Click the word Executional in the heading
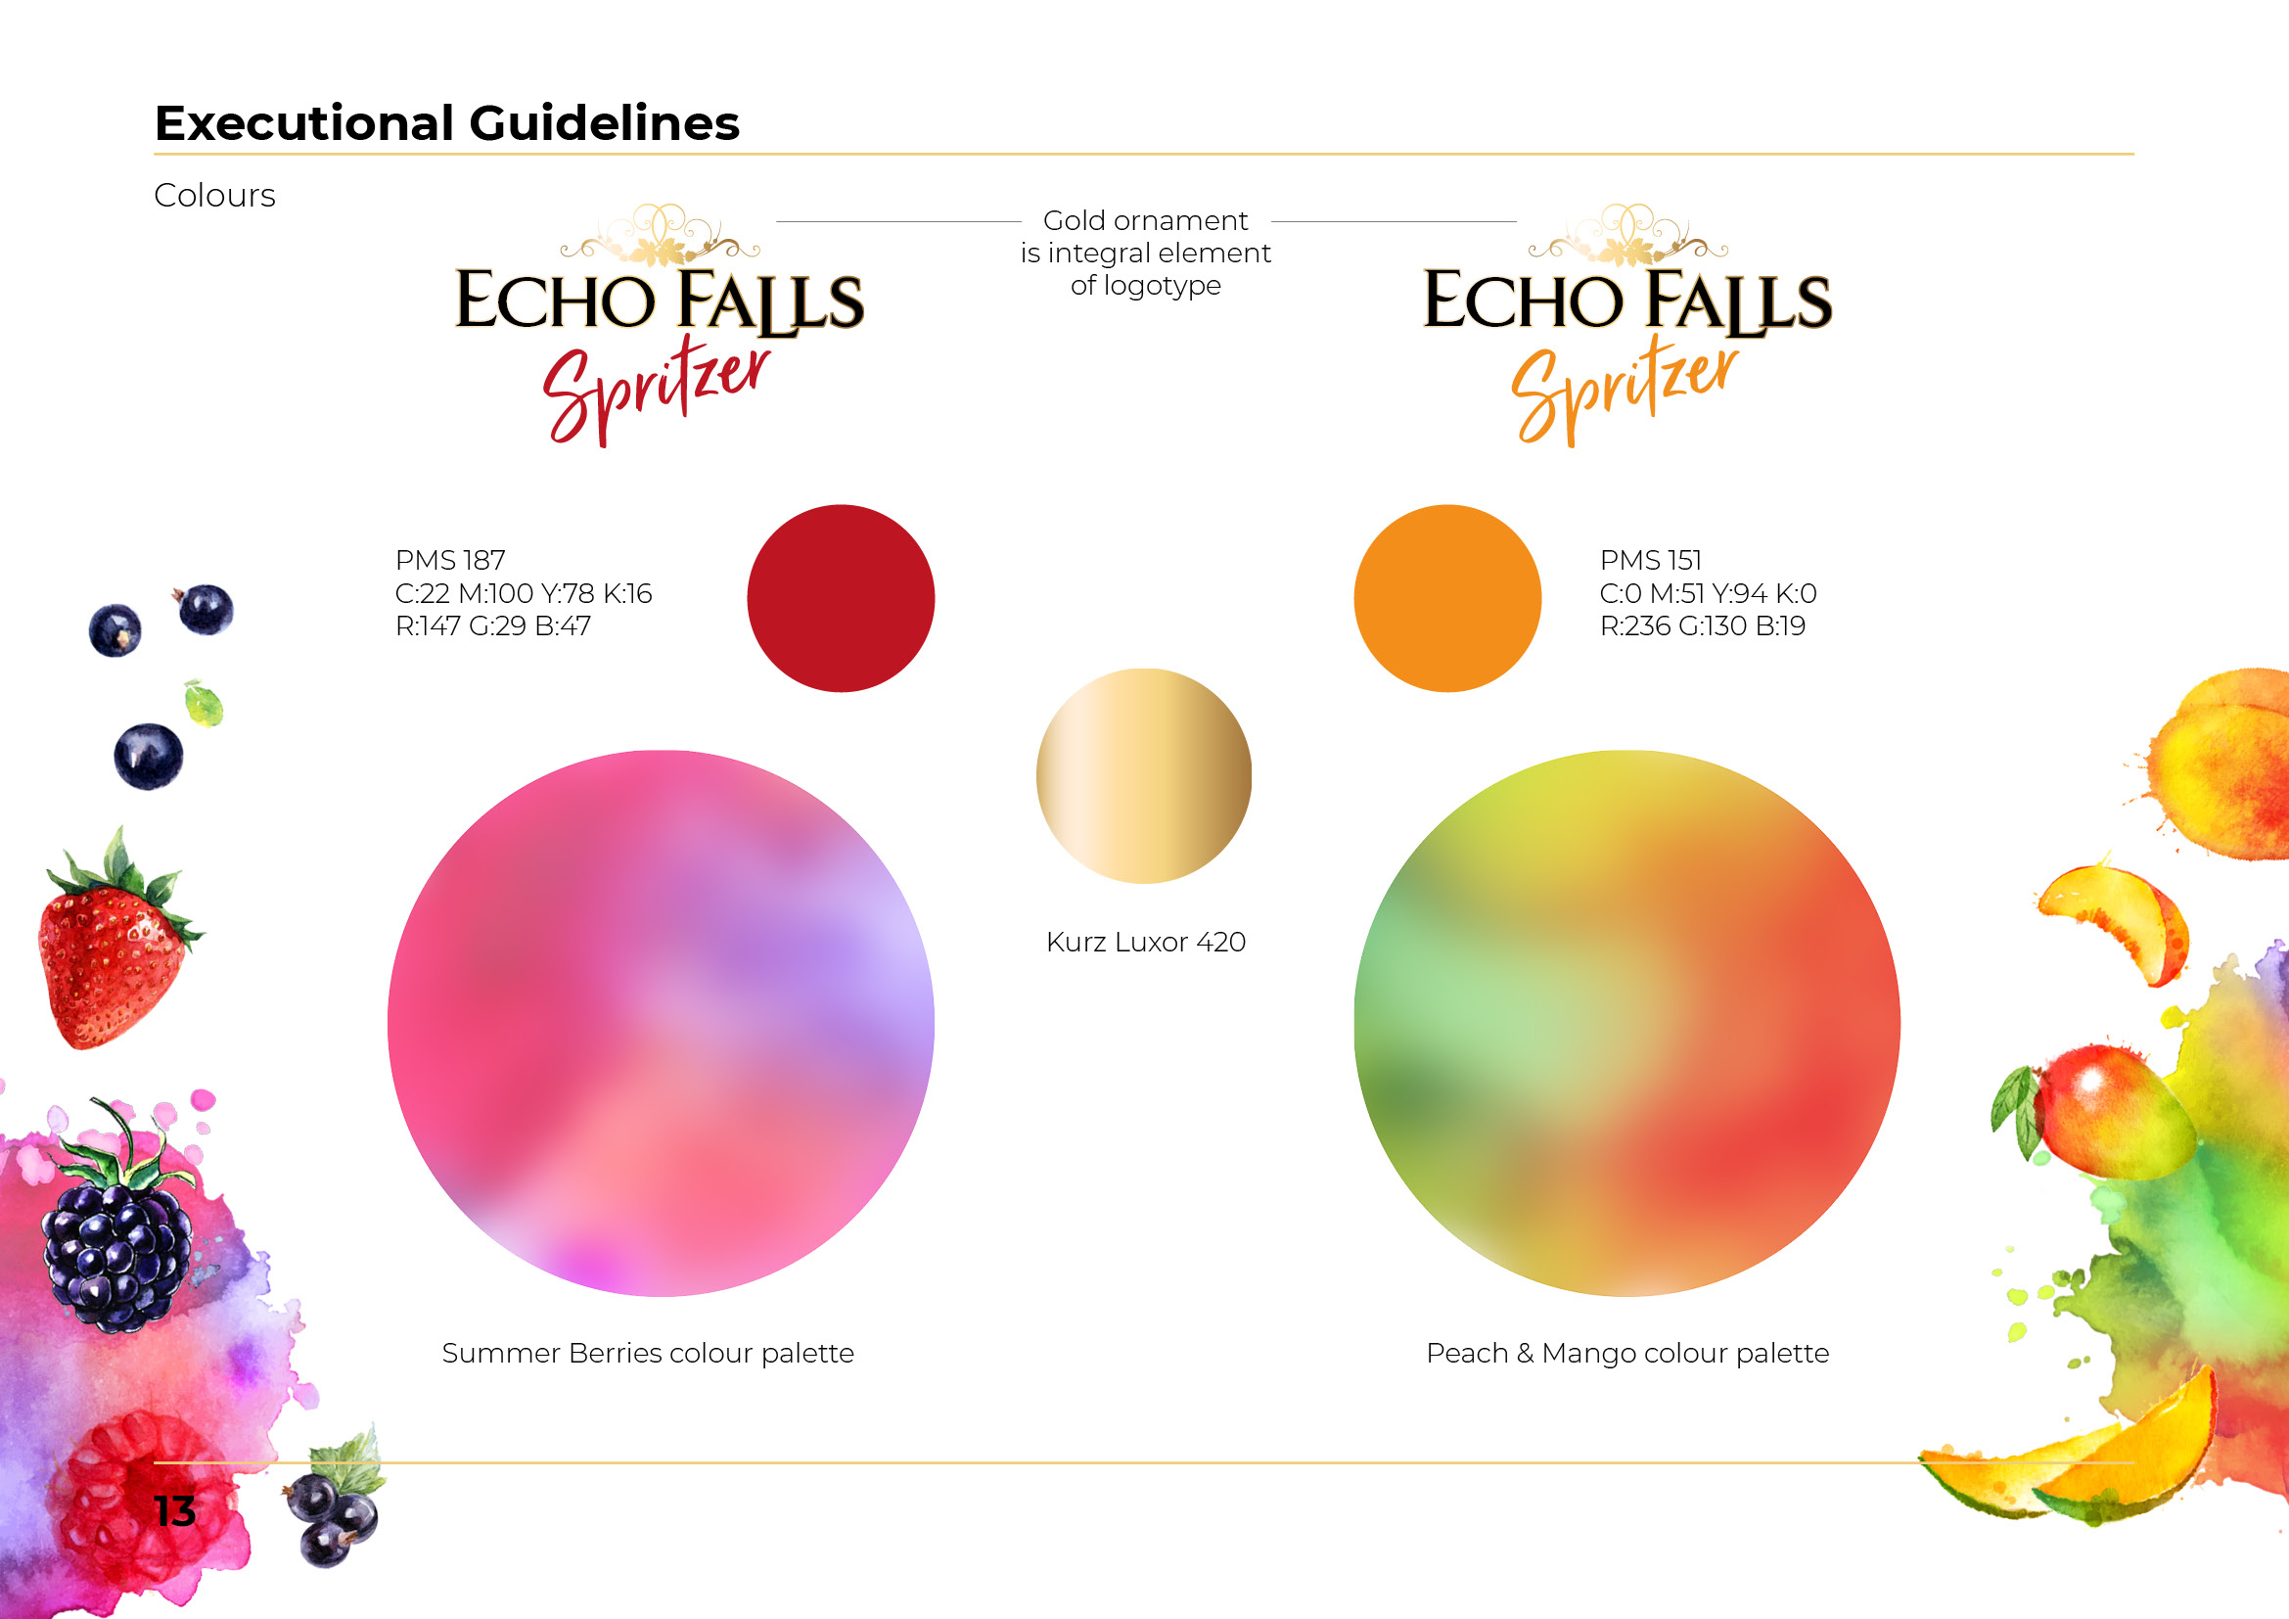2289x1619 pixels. click(303, 123)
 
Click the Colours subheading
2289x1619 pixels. click(214, 196)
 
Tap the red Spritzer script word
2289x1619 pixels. click(656, 392)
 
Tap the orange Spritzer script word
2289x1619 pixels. click(1625, 392)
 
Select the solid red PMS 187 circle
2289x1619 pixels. click(841, 598)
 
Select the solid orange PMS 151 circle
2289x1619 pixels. click(1447, 598)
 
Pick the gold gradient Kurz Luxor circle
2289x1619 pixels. click(1145, 775)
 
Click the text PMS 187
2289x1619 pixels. click(450, 560)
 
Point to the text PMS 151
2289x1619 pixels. click(1651, 560)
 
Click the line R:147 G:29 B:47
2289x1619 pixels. click(493, 626)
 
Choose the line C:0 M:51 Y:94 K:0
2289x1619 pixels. click(1709, 593)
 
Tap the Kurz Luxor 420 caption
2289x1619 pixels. click(1146, 942)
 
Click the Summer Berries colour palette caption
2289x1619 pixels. click(648, 1353)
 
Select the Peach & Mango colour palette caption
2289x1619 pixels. click(1628, 1353)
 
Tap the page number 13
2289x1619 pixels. click(174, 1511)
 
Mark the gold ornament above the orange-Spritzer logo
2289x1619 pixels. click(1628, 235)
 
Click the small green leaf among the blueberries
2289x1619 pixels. click(205, 704)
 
